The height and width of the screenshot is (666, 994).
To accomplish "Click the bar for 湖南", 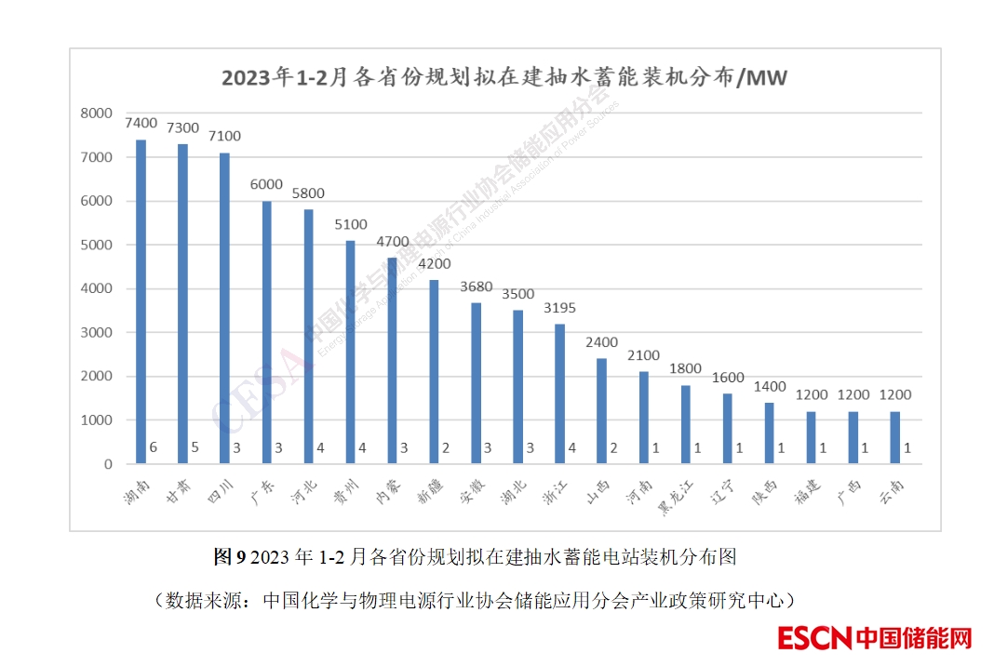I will tap(141, 301).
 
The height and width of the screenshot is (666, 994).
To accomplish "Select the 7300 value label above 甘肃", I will tap(182, 127).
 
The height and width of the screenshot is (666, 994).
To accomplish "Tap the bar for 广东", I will tap(266, 332).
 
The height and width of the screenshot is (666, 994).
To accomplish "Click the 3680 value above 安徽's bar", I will tap(476, 286).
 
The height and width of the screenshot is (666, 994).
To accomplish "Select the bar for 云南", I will tap(894, 437).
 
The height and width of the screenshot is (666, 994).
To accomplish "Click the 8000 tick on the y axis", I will tap(96, 113).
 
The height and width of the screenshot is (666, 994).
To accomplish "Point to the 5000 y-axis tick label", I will tap(96, 245).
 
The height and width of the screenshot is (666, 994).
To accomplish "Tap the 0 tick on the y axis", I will tap(107, 464).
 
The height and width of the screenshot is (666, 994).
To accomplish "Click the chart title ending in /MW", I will tap(504, 76).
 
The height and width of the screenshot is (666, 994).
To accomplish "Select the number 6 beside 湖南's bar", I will tap(154, 448).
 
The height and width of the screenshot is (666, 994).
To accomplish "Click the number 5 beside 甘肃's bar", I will tap(195, 448).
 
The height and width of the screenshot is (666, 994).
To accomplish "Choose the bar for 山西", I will tap(601, 411).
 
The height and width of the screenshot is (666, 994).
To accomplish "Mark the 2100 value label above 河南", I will tap(643, 355).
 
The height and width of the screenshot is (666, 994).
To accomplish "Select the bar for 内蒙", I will tap(392, 361).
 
